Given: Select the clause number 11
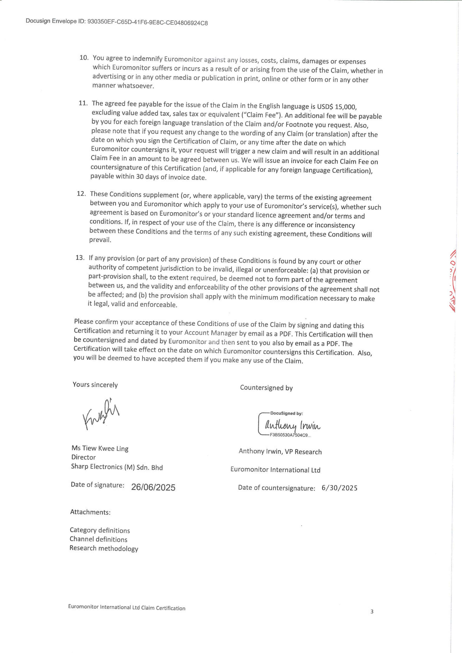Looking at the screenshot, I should (x=83, y=103).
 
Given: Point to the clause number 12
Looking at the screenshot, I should (x=81, y=194).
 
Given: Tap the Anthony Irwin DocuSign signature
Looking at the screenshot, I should (x=292, y=426).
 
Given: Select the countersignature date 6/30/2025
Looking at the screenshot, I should (x=339, y=488).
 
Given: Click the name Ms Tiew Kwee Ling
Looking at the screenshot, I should (x=100, y=448).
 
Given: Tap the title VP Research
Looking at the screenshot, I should (x=303, y=452).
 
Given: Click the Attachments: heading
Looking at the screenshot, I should (x=90, y=512).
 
